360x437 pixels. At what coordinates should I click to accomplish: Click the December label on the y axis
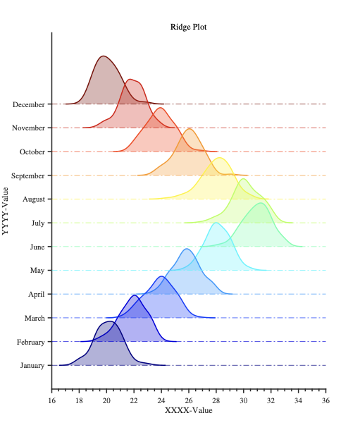(28, 104)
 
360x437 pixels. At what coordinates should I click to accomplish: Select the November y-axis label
(28, 128)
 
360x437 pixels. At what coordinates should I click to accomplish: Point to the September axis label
(28, 176)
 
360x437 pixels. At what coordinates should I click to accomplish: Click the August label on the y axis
(34, 199)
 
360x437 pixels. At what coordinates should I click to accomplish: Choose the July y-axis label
(38, 223)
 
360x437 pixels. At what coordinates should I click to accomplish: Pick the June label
(37, 247)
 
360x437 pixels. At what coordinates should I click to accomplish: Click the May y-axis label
(38, 271)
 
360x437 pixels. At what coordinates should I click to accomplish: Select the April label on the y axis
(37, 294)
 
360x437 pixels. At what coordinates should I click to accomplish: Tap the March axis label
(35, 318)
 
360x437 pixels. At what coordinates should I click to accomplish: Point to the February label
(31, 342)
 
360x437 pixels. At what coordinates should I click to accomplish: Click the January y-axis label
(32, 365)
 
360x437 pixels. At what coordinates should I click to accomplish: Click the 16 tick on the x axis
(51, 400)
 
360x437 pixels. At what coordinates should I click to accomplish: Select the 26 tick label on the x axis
(188, 400)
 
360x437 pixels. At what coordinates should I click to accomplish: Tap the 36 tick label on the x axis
(325, 400)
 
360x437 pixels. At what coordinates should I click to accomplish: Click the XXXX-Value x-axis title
(188, 410)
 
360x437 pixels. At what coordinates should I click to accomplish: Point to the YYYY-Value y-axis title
(6, 210)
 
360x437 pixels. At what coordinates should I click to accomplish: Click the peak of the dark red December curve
(104, 56)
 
